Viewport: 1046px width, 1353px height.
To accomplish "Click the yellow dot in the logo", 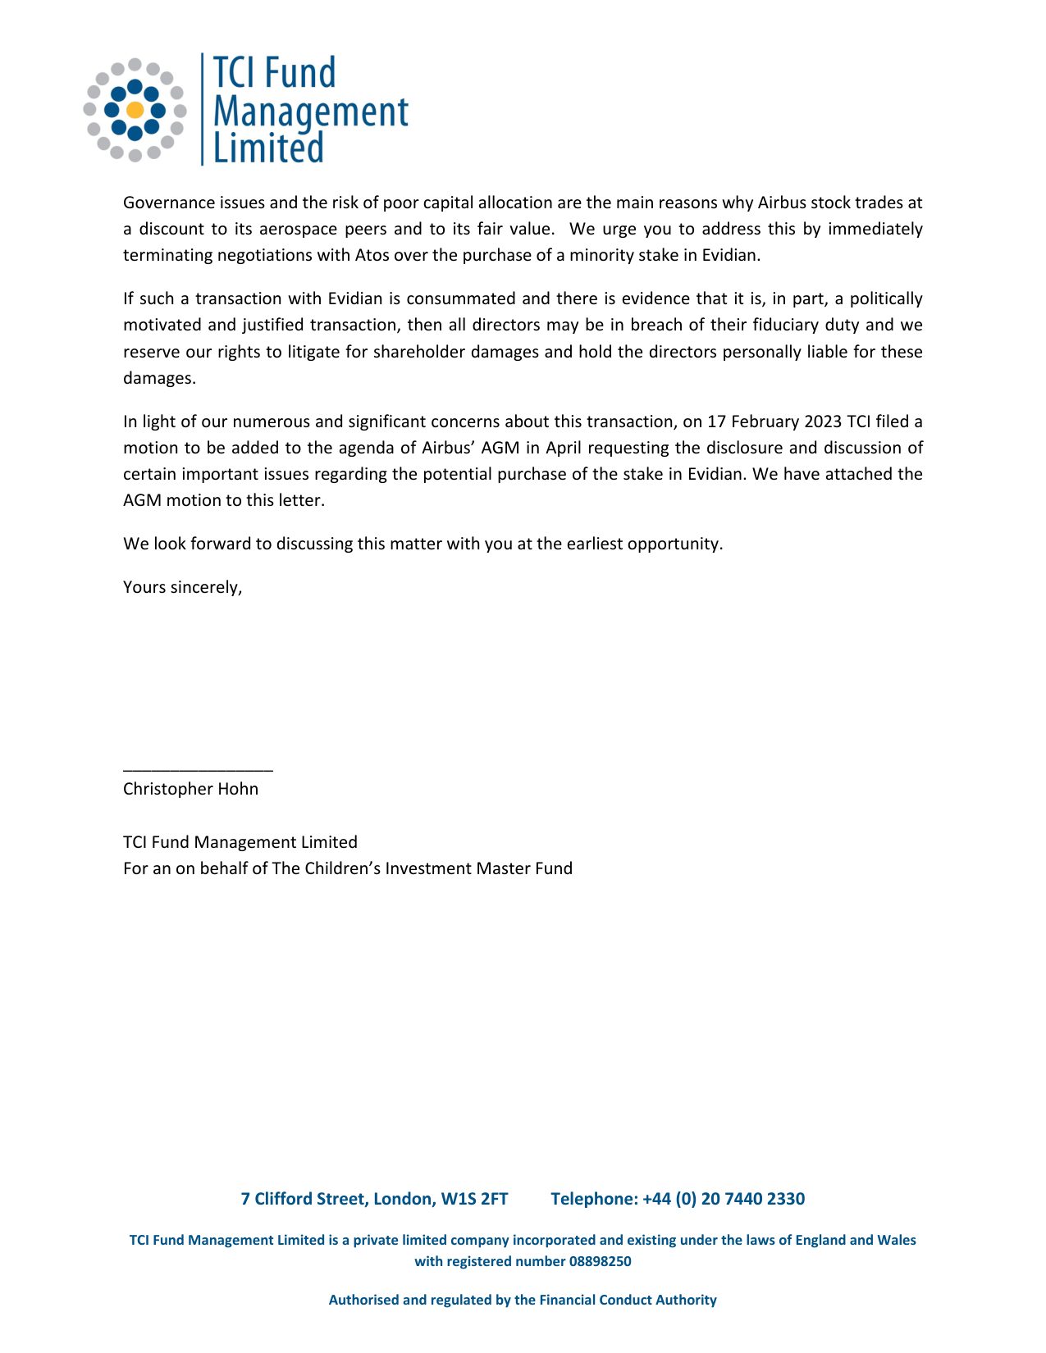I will point(135,110).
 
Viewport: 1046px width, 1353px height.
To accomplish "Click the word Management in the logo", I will point(310,112).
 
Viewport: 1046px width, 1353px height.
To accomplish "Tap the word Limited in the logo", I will point(268,148).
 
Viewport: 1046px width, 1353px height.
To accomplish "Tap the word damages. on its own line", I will point(159,378).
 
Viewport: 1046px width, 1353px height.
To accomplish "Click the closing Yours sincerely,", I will point(182,587).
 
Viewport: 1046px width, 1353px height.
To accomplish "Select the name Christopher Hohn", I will point(190,789).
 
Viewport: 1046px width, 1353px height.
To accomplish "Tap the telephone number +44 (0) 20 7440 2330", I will point(723,1199).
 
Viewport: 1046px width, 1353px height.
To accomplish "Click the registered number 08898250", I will point(600,1261).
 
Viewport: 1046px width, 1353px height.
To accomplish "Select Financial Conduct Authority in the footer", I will point(628,1300).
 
